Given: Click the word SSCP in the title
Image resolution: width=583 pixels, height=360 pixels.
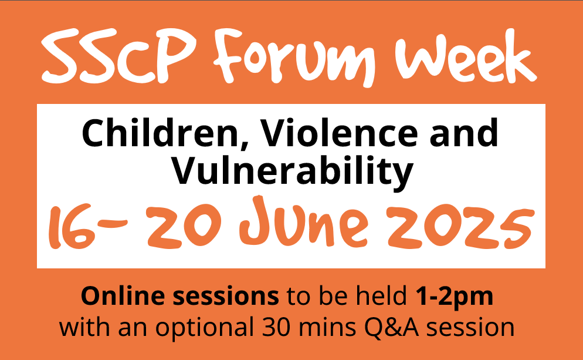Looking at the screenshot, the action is coord(118,56).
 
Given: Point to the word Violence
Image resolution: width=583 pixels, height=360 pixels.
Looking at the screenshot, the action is coord(339,133).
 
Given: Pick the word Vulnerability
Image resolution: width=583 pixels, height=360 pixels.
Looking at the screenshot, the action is coord(292,171).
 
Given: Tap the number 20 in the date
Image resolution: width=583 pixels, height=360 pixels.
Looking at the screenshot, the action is coord(184,226).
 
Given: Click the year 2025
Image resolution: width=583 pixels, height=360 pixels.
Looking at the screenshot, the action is coord(460,227).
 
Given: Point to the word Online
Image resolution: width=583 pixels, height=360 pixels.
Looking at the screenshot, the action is coord(123,296).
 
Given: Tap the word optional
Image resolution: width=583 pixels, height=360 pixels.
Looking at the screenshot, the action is coord(204,328).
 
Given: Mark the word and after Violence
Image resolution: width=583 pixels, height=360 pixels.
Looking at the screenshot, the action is coord(464,133).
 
